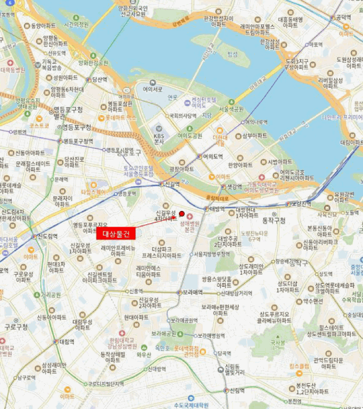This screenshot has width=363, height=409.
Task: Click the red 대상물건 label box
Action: click(x=116, y=234)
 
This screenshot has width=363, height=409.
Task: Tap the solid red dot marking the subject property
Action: click(x=182, y=213)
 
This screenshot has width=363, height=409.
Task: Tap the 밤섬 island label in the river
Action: click(x=233, y=54)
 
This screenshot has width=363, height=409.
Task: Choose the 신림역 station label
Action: click(x=236, y=390)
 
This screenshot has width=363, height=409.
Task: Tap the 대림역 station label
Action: click(x=66, y=341)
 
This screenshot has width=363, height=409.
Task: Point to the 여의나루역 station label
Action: click(x=255, y=122)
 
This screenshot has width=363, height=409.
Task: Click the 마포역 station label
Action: click(x=316, y=44)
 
